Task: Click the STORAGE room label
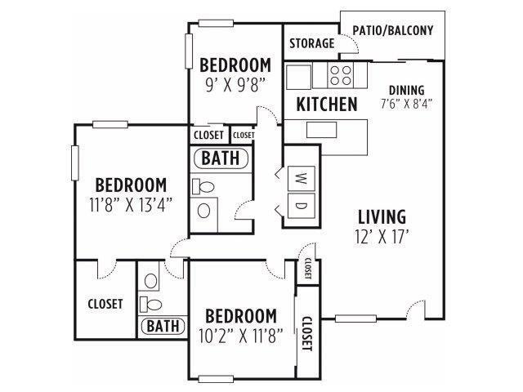click(311, 43)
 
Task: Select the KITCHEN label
click(326, 105)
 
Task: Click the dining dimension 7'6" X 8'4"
click(406, 104)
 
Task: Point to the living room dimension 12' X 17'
click(382, 237)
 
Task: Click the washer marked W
click(299, 176)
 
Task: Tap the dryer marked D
click(299, 205)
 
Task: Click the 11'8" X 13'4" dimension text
click(131, 204)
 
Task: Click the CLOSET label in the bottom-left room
click(105, 304)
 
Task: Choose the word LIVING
click(382, 217)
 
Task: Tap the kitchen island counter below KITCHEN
click(326, 130)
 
